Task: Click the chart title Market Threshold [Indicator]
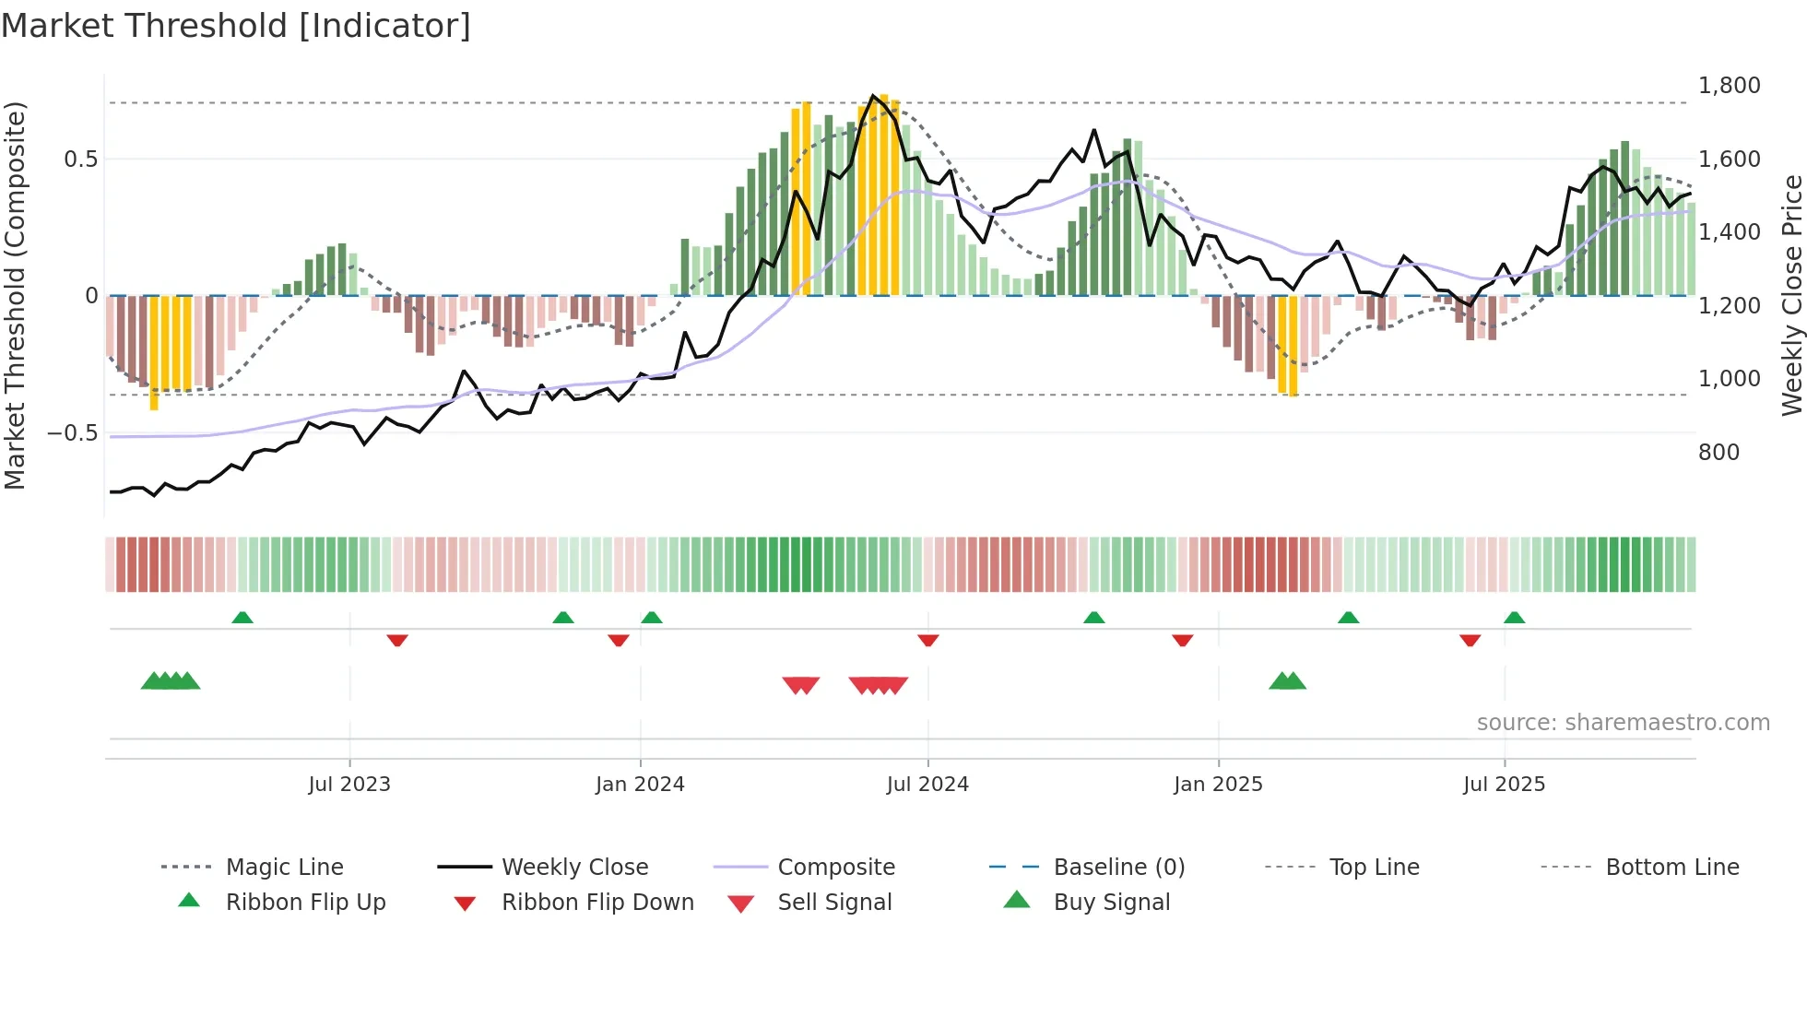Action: click(x=236, y=26)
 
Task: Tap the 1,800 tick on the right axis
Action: click(x=1729, y=86)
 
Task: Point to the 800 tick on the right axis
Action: click(x=1718, y=453)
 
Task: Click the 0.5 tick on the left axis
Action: click(x=80, y=159)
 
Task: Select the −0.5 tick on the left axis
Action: click(x=72, y=433)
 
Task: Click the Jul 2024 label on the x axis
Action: click(x=927, y=785)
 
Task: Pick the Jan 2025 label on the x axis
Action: click(x=1218, y=785)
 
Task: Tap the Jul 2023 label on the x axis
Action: click(x=349, y=785)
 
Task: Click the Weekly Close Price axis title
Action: click(x=1790, y=295)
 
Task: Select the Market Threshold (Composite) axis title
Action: click(x=15, y=295)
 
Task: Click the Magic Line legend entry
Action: click(x=284, y=868)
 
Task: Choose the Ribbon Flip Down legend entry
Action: click(x=596, y=903)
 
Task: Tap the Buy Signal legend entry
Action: click(x=1111, y=903)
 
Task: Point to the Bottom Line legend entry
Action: click(x=1671, y=868)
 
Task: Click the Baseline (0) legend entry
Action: click(x=1118, y=868)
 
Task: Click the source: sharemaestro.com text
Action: click(x=1623, y=723)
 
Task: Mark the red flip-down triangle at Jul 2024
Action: click(x=928, y=640)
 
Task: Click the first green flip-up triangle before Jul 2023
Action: click(x=242, y=618)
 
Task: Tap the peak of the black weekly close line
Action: click(x=872, y=95)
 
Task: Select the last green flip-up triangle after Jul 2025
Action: click(x=1514, y=618)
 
